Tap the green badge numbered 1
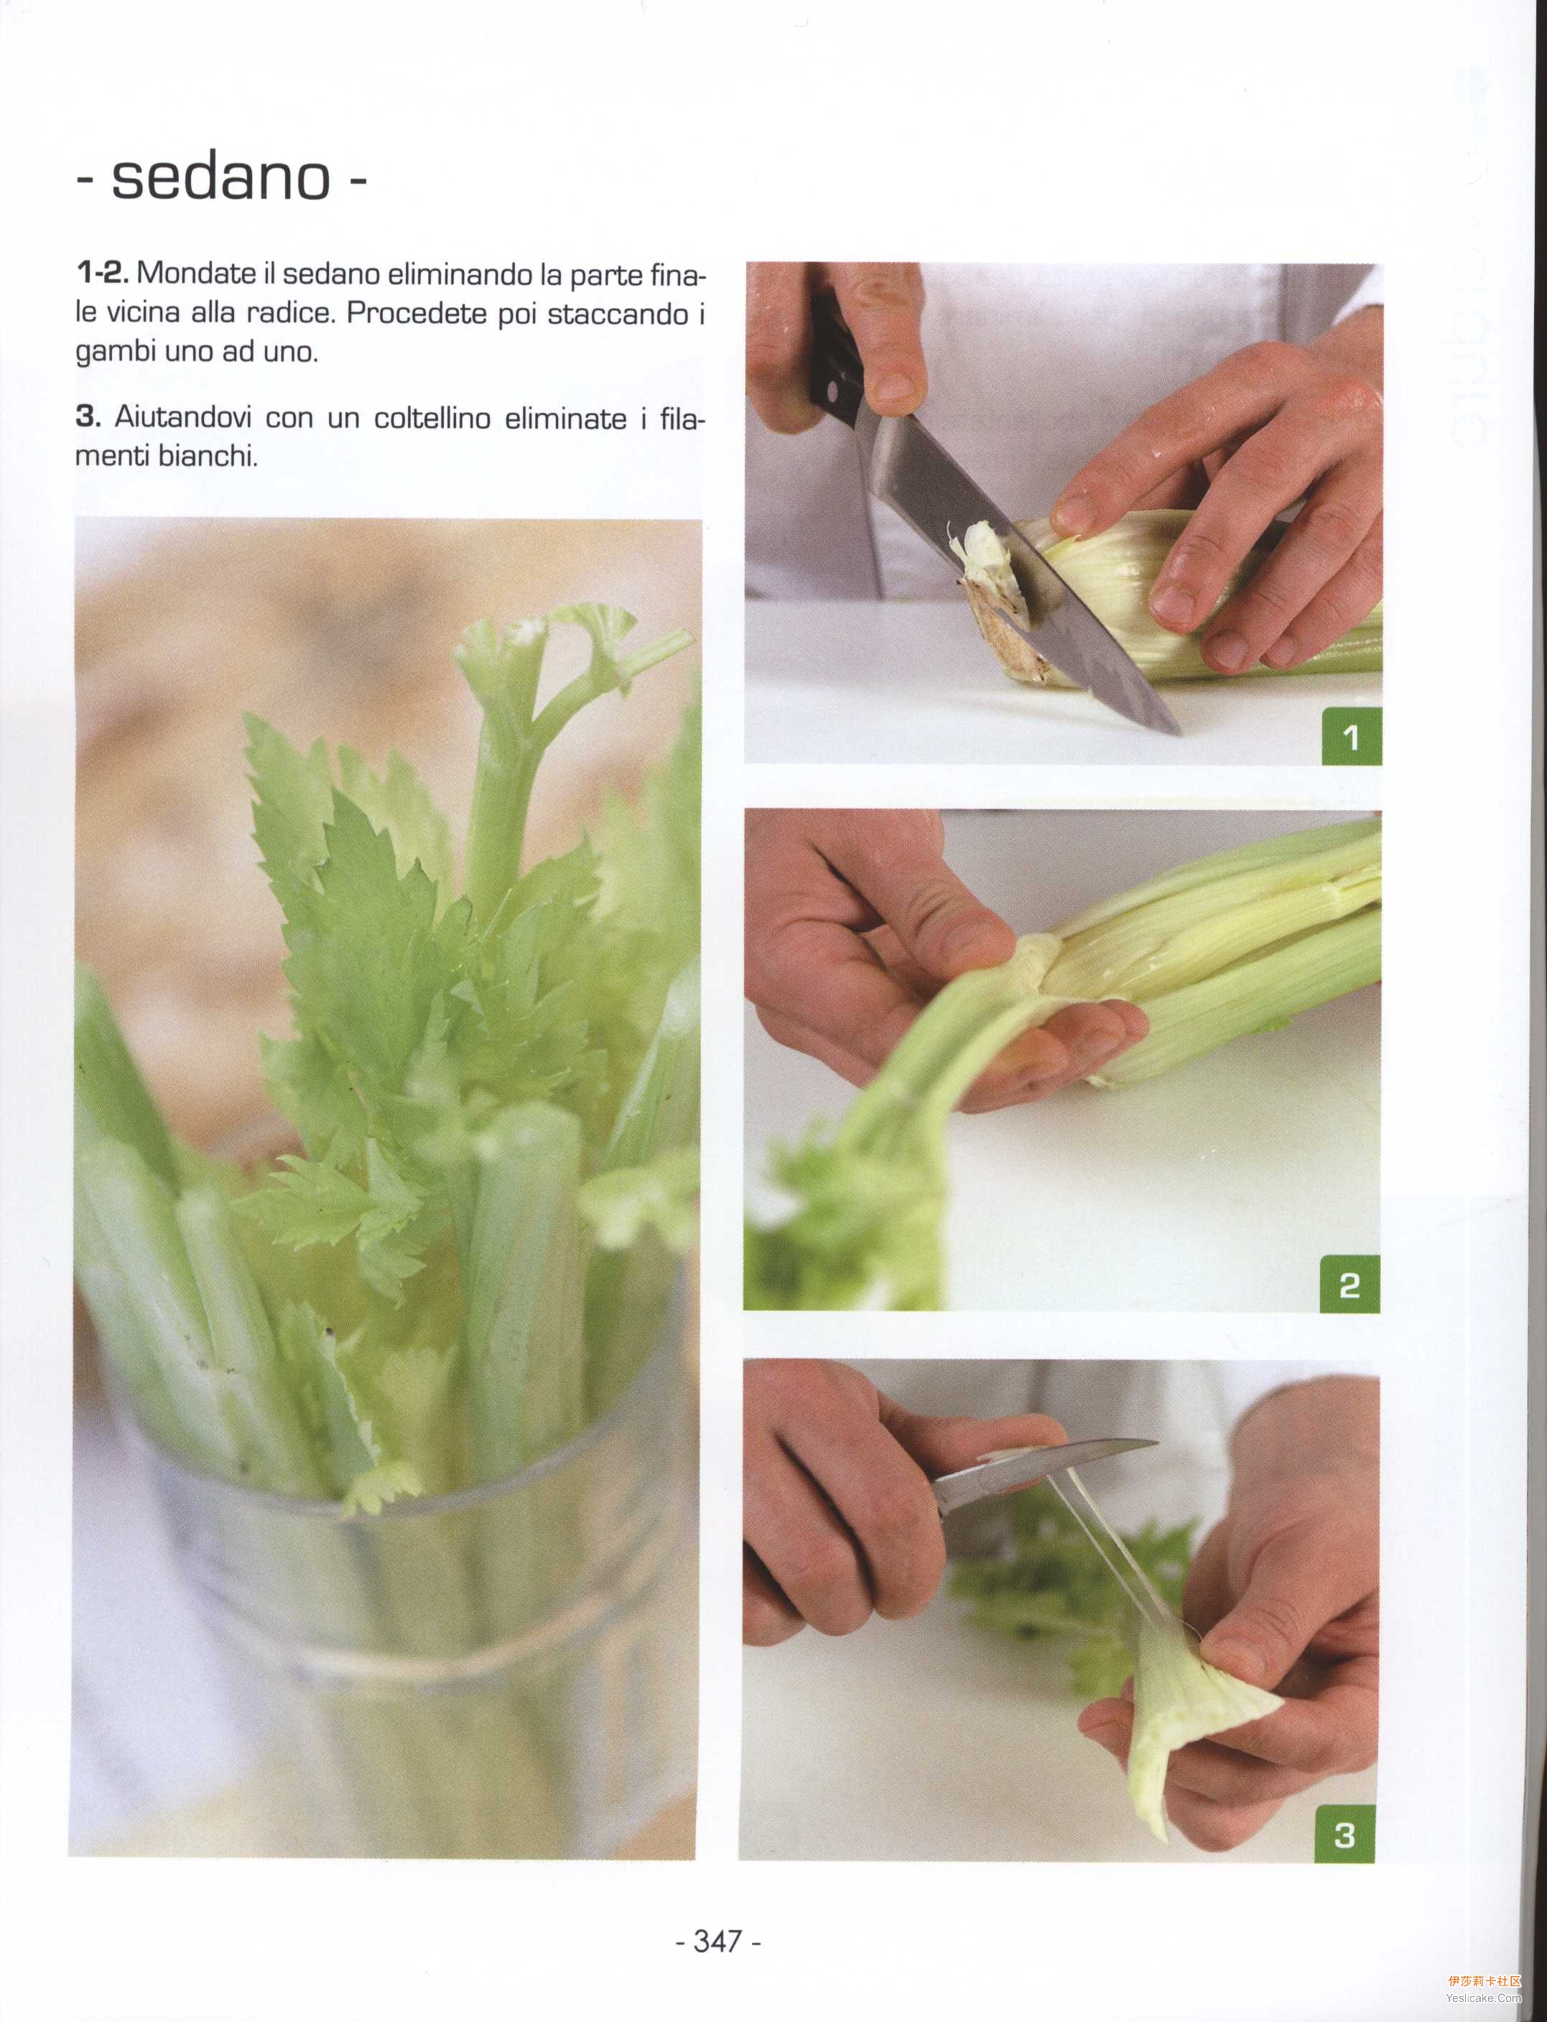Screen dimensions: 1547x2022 (x=1352, y=737)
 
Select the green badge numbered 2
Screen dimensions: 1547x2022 (x=1350, y=1285)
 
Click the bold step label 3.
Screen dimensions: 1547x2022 (x=88, y=417)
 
